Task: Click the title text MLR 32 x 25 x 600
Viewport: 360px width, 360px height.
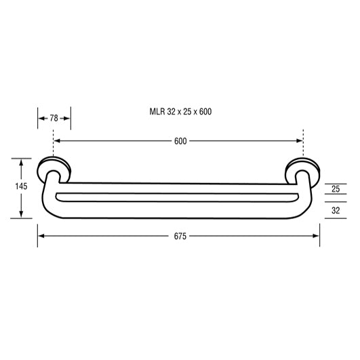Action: (180, 111)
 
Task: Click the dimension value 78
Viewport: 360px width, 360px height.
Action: (54, 118)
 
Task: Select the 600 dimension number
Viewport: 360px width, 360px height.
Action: (179, 141)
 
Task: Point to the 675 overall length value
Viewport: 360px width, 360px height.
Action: (179, 236)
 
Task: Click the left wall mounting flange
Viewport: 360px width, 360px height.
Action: (54, 168)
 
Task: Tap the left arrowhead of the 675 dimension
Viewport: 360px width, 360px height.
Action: (41, 236)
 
